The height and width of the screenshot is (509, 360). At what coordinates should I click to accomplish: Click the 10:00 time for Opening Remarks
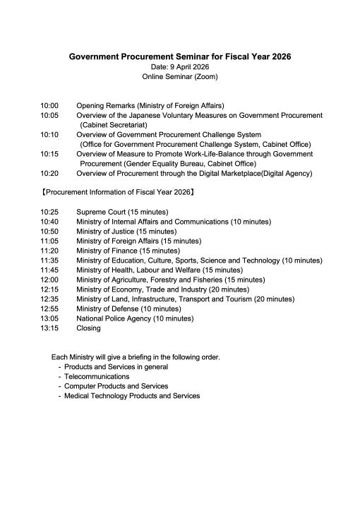[49, 105]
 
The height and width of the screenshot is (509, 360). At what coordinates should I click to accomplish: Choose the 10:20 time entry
[49, 173]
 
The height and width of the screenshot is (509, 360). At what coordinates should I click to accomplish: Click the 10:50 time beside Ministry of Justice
[49, 231]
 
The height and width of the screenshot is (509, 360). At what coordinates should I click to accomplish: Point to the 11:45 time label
[49, 270]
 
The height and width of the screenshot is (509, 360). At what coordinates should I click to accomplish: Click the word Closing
[88, 328]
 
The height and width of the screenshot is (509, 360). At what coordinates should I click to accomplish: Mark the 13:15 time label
[49, 328]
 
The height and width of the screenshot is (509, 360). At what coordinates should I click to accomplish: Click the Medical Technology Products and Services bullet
[132, 396]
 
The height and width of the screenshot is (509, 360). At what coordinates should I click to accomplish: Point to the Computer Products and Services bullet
[116, 386]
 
